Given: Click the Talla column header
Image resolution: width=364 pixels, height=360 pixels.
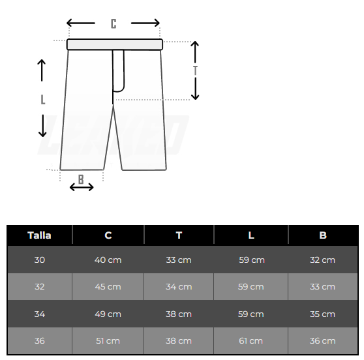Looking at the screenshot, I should tap(39, 235).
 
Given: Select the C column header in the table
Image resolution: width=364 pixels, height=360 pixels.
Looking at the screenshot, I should tap(108, 235).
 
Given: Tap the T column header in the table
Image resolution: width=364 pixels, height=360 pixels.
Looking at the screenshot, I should tap(179, 235).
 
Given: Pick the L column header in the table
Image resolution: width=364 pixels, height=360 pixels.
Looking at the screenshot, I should tap(251, 235).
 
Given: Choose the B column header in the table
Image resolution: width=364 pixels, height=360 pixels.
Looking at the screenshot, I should tap(322, 235).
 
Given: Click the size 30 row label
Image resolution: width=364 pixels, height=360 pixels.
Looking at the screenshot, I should tap(39, 260).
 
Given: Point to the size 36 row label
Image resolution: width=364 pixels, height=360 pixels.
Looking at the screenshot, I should tap(39, 340).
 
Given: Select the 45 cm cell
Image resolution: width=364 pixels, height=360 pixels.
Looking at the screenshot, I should tap(108, 286).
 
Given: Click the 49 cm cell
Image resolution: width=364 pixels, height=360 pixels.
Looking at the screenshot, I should tap(108, 314).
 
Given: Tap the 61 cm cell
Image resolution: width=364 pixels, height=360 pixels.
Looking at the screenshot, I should tap(251, 340).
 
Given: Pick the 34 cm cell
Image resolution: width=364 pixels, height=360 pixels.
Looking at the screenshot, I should tap(179, 286).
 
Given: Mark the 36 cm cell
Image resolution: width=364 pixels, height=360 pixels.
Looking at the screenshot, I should tap(322, 340).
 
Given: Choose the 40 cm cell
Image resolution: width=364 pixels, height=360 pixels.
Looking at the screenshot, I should tap(108, 260).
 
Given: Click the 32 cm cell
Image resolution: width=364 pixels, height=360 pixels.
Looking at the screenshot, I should tap(322, 260).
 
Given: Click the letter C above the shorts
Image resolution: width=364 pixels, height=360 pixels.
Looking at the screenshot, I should tap(114, 23).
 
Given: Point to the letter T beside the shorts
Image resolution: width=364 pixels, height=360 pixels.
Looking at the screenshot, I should tap(195, 70).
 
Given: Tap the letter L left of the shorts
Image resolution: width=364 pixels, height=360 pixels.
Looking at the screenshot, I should tap(43, 99).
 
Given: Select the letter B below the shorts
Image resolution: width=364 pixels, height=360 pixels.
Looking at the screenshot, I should tap(81, 178).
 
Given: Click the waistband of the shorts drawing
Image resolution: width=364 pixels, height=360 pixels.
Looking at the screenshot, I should tap(114, 44).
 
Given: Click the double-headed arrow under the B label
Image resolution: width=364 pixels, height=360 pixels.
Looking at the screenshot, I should tap(82, 188).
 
